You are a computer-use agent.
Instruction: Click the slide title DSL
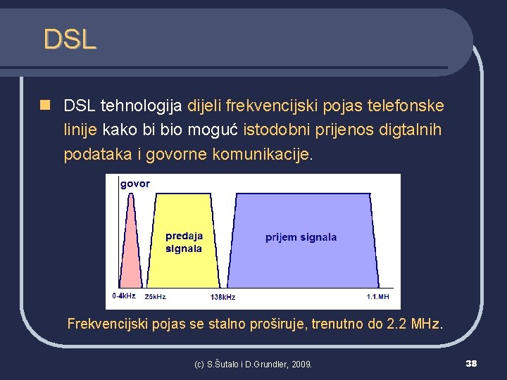pos(69,39)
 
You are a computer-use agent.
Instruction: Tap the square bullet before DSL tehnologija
pos(45,106)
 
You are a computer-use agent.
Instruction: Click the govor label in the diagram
pos(135,184)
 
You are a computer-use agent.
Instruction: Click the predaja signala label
pos(184,242)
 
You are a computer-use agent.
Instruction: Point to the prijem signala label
pos(301,237)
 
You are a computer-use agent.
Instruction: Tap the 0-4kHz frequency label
pos(124,296)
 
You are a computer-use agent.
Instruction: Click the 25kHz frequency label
pos(155,297)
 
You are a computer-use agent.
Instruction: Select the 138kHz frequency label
pos(223,297)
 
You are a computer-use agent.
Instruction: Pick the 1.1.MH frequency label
pos(377,297)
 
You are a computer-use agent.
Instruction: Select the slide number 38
pos(471,363)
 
